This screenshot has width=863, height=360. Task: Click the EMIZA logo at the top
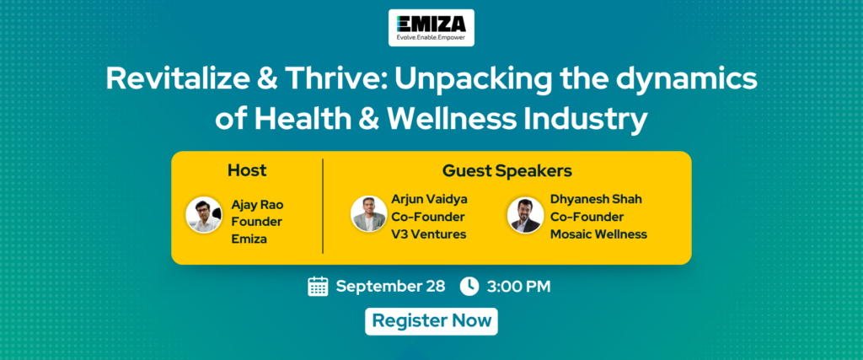(x=431, y=28)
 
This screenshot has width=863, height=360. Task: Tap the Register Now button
(x=431, y=321)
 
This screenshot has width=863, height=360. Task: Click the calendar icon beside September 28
(x=318, y=287)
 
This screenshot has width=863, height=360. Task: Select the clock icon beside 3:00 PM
(x=469, y=287)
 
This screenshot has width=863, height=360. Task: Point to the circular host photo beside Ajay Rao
(x=204, y=215)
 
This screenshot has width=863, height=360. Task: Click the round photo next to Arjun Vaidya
(x=369, y=213)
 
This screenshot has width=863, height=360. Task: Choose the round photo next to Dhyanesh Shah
(x=526, y=215)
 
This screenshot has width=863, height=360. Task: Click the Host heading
(x=247, y=170)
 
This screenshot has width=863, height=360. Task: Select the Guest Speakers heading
(x=507, y=171)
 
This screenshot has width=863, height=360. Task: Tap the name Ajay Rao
(x=258, y=206)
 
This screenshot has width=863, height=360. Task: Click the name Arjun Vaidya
(x=429, y=199)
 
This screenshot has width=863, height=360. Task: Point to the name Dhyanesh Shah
(x=596, y=199)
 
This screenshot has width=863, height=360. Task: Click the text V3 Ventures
(x=429, y=234)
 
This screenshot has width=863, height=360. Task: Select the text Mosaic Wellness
(x=599, y=234)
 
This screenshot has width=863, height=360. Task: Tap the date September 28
(x=391, y=287)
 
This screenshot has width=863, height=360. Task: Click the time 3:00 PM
(x=518, y=287)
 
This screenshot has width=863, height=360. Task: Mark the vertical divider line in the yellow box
(x=323, y=207)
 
